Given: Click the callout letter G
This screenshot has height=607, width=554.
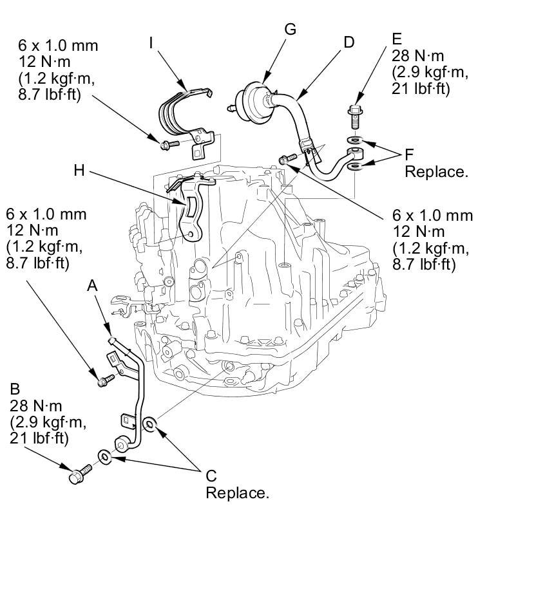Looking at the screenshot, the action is click(290, 29).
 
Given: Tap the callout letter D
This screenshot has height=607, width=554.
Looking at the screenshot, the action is click(349, 42).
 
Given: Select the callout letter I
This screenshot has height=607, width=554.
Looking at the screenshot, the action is click(151, 43).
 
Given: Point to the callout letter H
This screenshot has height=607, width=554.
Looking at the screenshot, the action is click(79, 170).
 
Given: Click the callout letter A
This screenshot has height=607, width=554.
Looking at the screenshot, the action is click(92, 285).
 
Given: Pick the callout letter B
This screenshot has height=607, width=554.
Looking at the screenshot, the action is click(15, 389).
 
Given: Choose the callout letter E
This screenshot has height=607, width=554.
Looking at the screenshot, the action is click(397, 39).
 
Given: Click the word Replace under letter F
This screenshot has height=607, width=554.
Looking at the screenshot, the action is click(436, 172).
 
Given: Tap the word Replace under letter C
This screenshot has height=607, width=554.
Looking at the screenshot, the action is click(237, 493).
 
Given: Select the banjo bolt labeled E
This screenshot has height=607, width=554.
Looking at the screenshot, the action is click(354, 117).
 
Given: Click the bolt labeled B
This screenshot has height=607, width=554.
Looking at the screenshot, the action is click(80, 474).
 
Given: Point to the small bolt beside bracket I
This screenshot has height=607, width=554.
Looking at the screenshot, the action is click(169, 145).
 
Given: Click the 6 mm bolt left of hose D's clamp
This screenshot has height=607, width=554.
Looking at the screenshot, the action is click(287, 158).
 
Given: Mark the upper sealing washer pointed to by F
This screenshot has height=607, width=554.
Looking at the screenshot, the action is click(354, 139).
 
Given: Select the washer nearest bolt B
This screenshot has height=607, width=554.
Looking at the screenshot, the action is click(104, 457).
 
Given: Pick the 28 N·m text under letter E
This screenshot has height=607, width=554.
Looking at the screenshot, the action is click(417, 56).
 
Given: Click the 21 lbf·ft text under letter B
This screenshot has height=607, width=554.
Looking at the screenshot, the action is click(39, 438).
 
